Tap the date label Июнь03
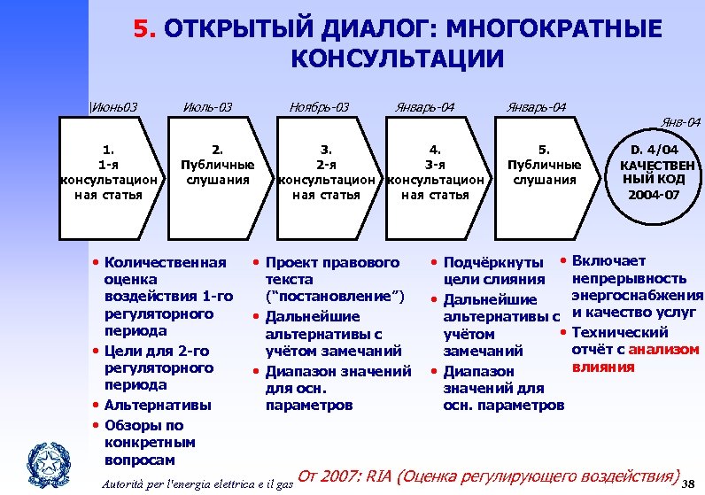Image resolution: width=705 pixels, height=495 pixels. (115, 108)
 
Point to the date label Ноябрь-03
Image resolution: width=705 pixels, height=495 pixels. (320, 108)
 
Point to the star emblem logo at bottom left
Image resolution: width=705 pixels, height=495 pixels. (40, 461)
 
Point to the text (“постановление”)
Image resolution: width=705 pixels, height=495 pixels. (335, 295)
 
